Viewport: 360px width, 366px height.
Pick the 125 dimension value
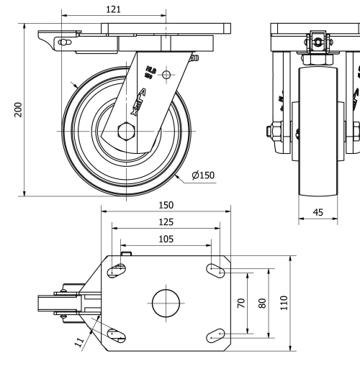click(165, 221)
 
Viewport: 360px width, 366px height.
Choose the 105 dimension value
click(165, 238)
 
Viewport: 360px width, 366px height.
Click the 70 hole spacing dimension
click(241, 303)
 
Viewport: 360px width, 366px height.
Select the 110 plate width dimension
click(284, 301)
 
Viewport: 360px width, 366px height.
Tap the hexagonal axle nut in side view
click(125, 132)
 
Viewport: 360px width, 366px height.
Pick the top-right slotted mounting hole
click(215, 270)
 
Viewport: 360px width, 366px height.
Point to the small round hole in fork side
click(166, 74)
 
